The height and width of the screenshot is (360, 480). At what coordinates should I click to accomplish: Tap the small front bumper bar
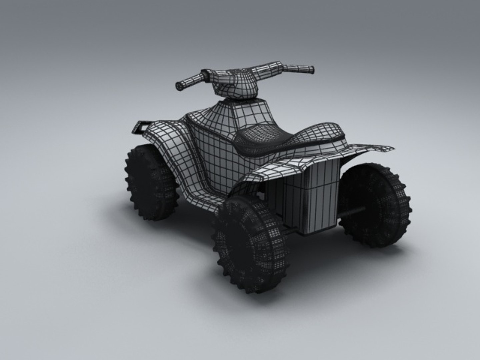(x=141, y=127)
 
